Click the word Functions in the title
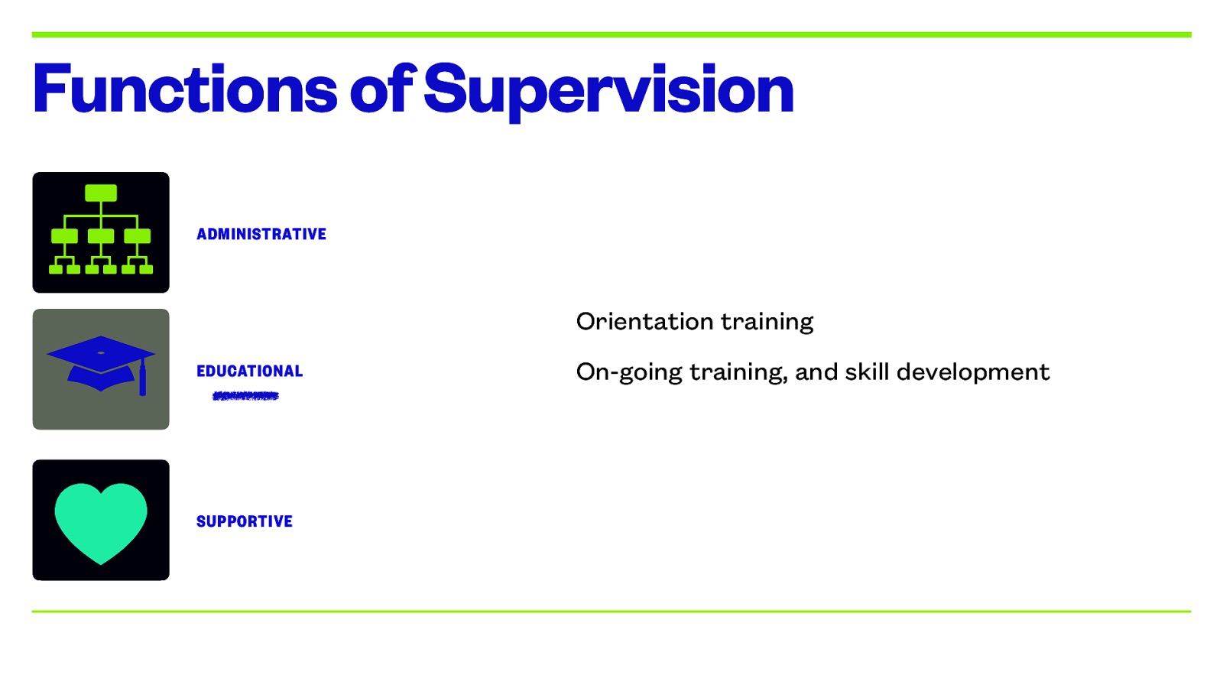coord(184,89)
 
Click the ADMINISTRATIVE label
coord(261,234)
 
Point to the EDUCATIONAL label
coord(250,371)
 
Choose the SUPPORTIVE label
coord(245,521)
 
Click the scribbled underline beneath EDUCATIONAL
coord(245,396)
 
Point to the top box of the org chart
coord(101,193)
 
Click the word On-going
coord(628,372)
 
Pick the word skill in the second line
coord(867,372)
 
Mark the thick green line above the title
coord(611,34)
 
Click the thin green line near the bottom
coord(611,611)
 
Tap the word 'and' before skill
coord(816,372)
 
